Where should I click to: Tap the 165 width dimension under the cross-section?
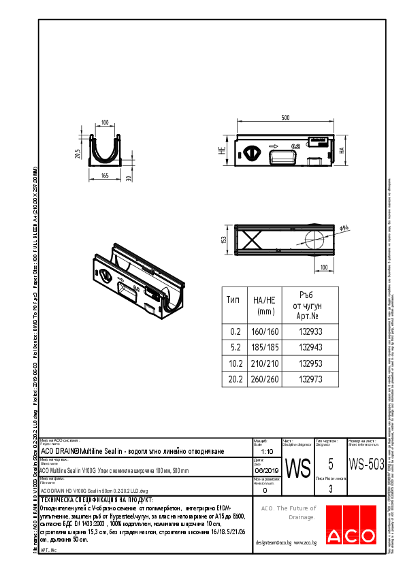(x=105, y=176)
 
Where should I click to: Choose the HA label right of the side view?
(x=344, y=151)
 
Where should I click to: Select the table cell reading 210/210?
(x=266, y=363)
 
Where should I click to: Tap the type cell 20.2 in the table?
(x=235, y=379)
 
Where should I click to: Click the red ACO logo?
(x=354, y=526)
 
